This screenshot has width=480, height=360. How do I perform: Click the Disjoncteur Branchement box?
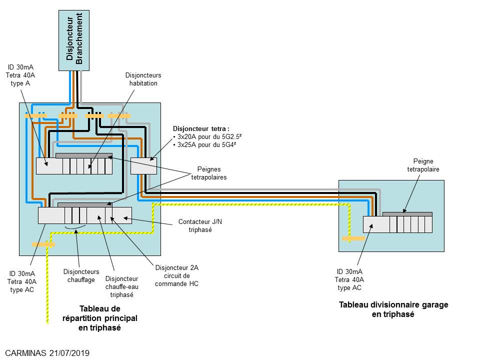74,40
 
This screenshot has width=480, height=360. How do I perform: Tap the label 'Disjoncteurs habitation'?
143,79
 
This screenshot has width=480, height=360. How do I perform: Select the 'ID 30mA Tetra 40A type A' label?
20,75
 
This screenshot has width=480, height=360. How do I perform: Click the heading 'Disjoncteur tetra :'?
201,129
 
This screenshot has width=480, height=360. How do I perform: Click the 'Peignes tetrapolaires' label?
209,173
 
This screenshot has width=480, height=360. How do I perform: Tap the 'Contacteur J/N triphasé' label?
200,225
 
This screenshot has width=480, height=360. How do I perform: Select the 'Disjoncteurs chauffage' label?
81,276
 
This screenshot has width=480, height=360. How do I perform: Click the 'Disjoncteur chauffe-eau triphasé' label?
121,287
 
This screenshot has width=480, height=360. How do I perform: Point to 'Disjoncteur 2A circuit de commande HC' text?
176,276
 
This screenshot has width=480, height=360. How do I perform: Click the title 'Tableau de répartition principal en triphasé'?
100,318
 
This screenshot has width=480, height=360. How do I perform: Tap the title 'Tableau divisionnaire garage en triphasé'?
393,309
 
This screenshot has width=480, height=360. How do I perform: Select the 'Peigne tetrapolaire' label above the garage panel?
423,165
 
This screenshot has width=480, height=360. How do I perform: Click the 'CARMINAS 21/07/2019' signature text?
47,353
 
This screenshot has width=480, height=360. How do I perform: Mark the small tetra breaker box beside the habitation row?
143,166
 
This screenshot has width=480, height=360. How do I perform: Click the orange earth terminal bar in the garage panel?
353,238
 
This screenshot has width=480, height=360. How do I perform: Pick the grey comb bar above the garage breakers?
407,214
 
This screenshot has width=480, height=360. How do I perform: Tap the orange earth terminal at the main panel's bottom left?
43,244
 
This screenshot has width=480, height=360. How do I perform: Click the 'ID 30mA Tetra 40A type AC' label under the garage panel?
349,280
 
